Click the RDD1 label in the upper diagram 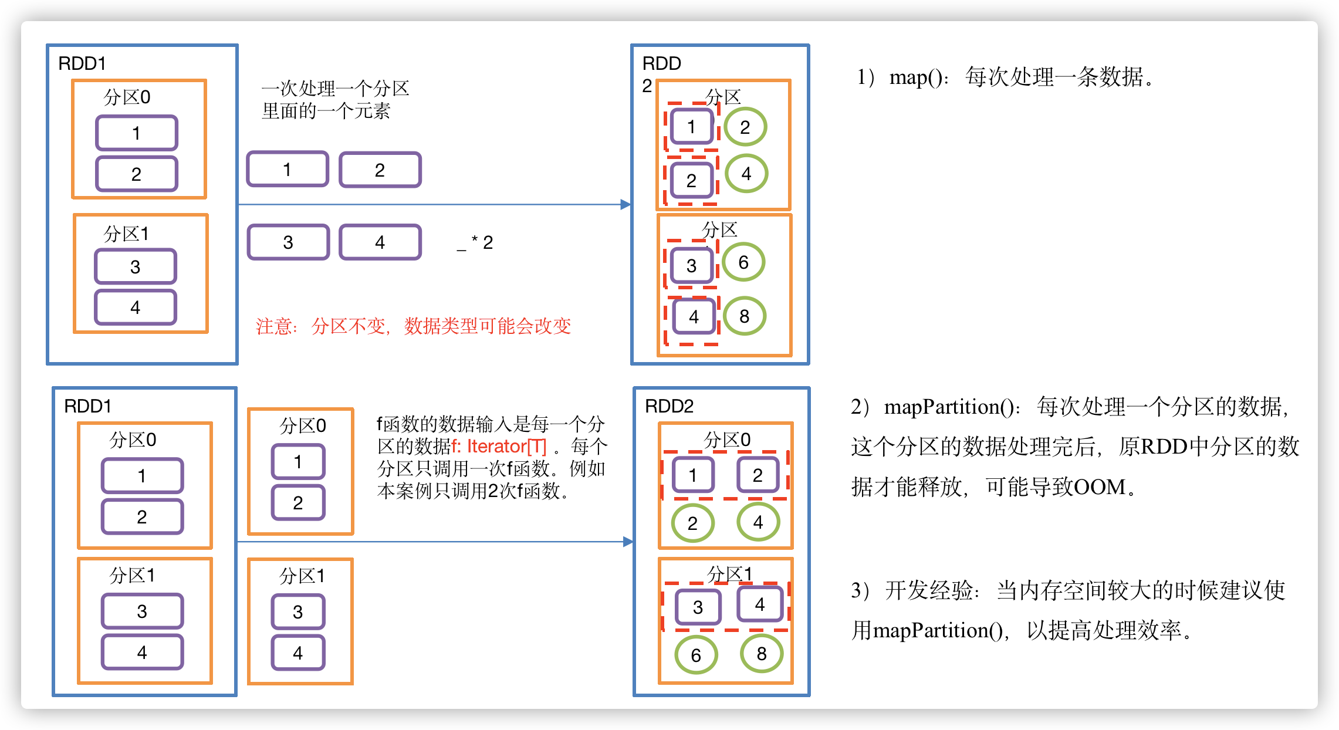(x=82, y=63)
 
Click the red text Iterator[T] (x=506, y=447)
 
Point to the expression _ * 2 (x=475, y=242)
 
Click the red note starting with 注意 (x=413, y=326)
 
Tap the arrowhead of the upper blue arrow (x=626, y=204)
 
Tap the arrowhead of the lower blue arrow (x=628, y=542)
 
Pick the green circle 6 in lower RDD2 (x=696, y=655)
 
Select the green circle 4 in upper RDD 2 (x=746, y=174)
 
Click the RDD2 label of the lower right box (x=669, y=406)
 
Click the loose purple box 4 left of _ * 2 (x=380, y=242)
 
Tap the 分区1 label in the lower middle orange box (x=302, y=576)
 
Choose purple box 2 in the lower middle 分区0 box (x=298, y=503)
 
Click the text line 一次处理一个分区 (x=335, y=89)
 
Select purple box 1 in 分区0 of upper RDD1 (x=136, y=133)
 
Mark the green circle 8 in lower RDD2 (x=762, y=654)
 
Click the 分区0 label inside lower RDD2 (x=727, y=440)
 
